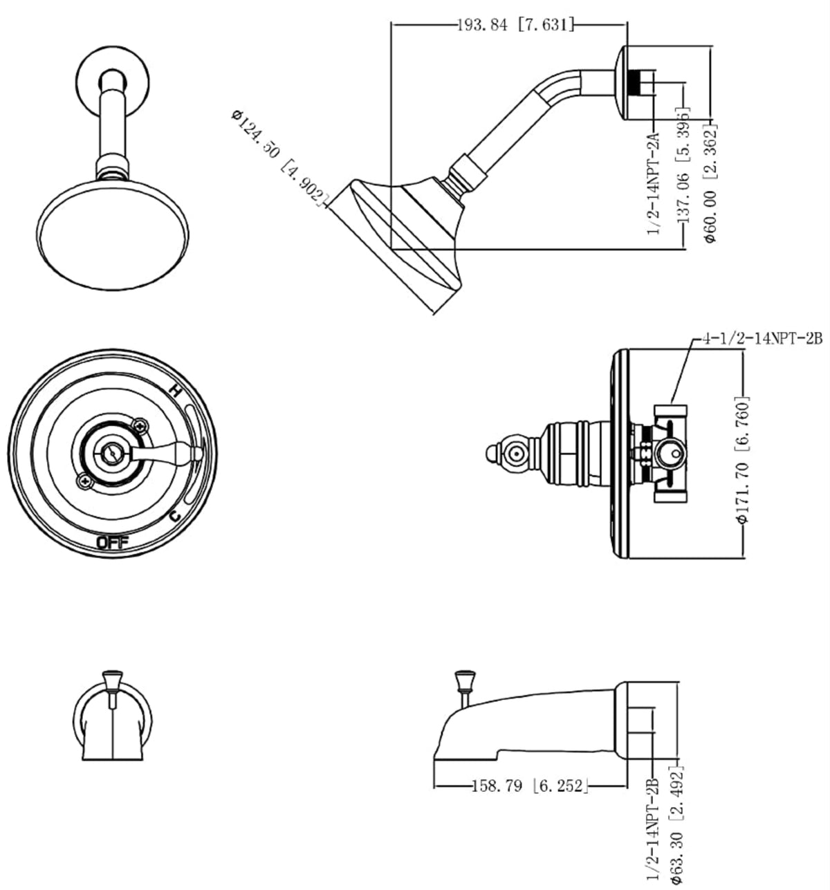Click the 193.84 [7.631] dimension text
pyautogui.click(x=515, y=26)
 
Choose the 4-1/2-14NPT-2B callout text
pyautogui.click(x=761, y=340)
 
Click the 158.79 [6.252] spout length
pyautogui.click(x=530, y=786)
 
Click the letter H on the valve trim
pyautogui.click(x=176, y=392)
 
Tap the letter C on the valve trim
pyautogui.click(x=175, y=514)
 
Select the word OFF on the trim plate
pyautogui.click(x=112, y=542)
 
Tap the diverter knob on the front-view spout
pyautogui.click(x=111, y=680)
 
